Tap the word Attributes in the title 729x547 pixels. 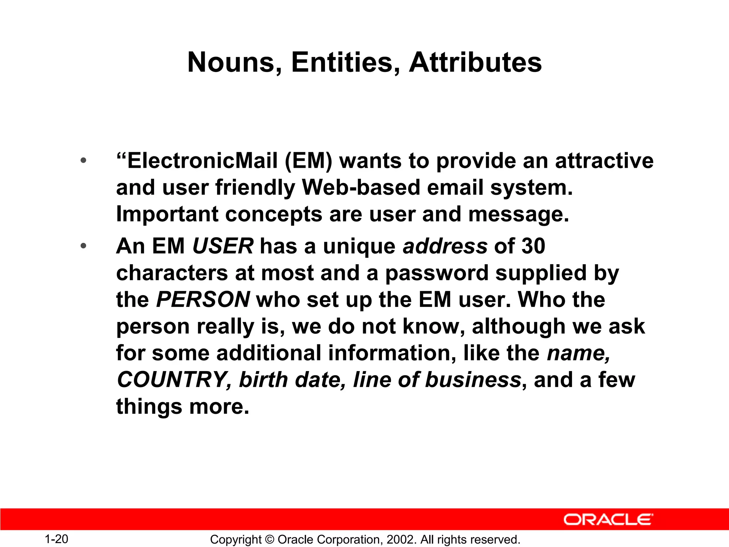click(x=475, y=63)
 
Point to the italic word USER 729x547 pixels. click(x=223, y=246)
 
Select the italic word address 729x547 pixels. click(x=445, y=246)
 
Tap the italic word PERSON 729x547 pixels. click(x=203, y=299)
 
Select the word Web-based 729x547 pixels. click(x=361, y=188)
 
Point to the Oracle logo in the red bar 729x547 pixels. click(x=608, y=520)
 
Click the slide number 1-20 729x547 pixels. click(x=56, y=539)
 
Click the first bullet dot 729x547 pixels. click(x=83, y=161)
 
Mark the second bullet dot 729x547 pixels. click(x=83, y=246)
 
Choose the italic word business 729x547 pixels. click(x=473, y=380)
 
